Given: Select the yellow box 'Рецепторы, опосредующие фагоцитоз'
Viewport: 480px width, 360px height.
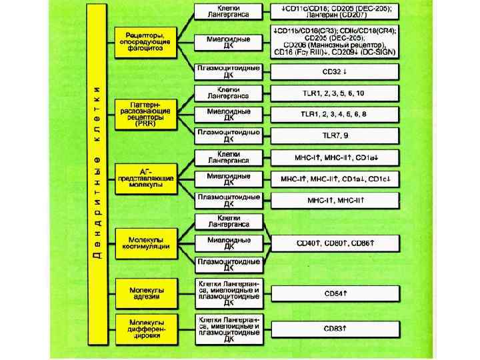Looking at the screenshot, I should click(x=144, y=41).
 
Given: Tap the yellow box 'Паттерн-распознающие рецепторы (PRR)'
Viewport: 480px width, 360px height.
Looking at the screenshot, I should click(x=144, y=114).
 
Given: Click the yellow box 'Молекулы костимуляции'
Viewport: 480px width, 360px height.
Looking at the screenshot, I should click(x=144, y=242).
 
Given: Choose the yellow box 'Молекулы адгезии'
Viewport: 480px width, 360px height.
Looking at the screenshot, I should click(x=144, y=291).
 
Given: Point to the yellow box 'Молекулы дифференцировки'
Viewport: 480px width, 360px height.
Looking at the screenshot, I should click(x=144, y=329).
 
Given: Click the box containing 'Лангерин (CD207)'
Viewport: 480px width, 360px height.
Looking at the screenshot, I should click(x=335, y=11).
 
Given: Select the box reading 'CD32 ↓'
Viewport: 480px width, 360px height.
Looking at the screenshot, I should click(x=335, y=71).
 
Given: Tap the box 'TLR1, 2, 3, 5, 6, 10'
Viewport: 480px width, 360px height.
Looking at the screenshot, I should click(x=335, y=93).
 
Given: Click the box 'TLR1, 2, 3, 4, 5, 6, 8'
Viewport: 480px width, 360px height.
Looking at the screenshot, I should click(x=335, y=115).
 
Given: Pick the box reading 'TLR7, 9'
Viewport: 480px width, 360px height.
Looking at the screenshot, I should click(x=335, y=136).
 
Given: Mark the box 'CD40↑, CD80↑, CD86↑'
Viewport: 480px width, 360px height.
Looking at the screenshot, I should click(x=335, y=243).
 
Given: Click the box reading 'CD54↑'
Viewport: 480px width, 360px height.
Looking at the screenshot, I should click(x=335, y=293).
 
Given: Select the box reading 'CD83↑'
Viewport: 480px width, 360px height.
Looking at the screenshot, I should click(x=335, y=329).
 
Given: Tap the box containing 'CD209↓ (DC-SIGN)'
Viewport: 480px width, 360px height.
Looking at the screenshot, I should click(x=335, y=41).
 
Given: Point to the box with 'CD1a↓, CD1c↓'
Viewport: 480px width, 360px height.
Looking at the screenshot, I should click(x=335, y=179).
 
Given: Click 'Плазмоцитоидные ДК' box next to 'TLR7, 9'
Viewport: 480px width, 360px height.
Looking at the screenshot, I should click(x=229, y=136).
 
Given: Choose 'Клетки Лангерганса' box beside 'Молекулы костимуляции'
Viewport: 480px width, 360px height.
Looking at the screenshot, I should click(x=229, y=221).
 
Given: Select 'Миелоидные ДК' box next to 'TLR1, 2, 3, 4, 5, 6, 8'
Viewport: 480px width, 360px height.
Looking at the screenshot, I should click(x=229, y=115).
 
